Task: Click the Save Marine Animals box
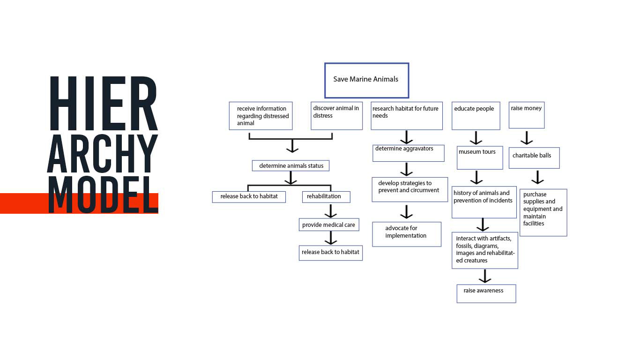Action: [x=366, y=80]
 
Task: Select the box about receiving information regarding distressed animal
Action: [x=260, y=116]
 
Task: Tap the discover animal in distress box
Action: [x=336, y=116]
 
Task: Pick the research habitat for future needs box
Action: [x=406, y=116]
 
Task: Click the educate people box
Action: [x=476, y=116]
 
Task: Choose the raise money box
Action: [x=527, y=115]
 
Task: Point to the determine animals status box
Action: [x=290, y=166]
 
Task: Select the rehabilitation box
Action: [x=326, y=197]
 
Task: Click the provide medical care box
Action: [x=330, y=225]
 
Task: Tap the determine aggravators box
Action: [x=408, y=153]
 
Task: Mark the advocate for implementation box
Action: [x=407, y=234]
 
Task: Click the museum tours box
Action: [x=480, y=157]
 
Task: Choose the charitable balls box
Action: [x=534, y=158]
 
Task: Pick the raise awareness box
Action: [x=486, y=293]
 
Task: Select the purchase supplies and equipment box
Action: [x=543, y=212]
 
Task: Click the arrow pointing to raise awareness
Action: [x=485, y=276]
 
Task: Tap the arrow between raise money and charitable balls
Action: [x=527, y=138]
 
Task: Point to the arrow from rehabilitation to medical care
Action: [x=331, y=211]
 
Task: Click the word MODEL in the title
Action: [x=103, y=195]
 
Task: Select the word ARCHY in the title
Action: [x=103, y=153]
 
